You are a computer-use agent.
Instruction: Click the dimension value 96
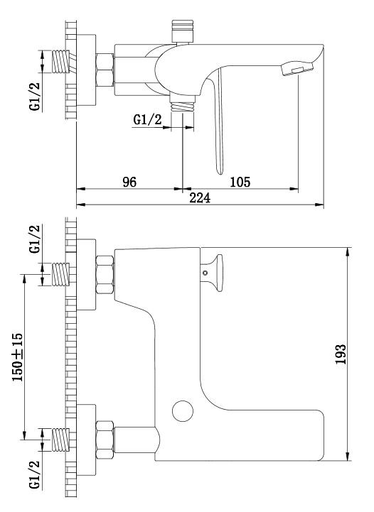[128, 181]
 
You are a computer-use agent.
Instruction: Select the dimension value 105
[240, 181]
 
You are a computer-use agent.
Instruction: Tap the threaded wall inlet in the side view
[63, 62]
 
